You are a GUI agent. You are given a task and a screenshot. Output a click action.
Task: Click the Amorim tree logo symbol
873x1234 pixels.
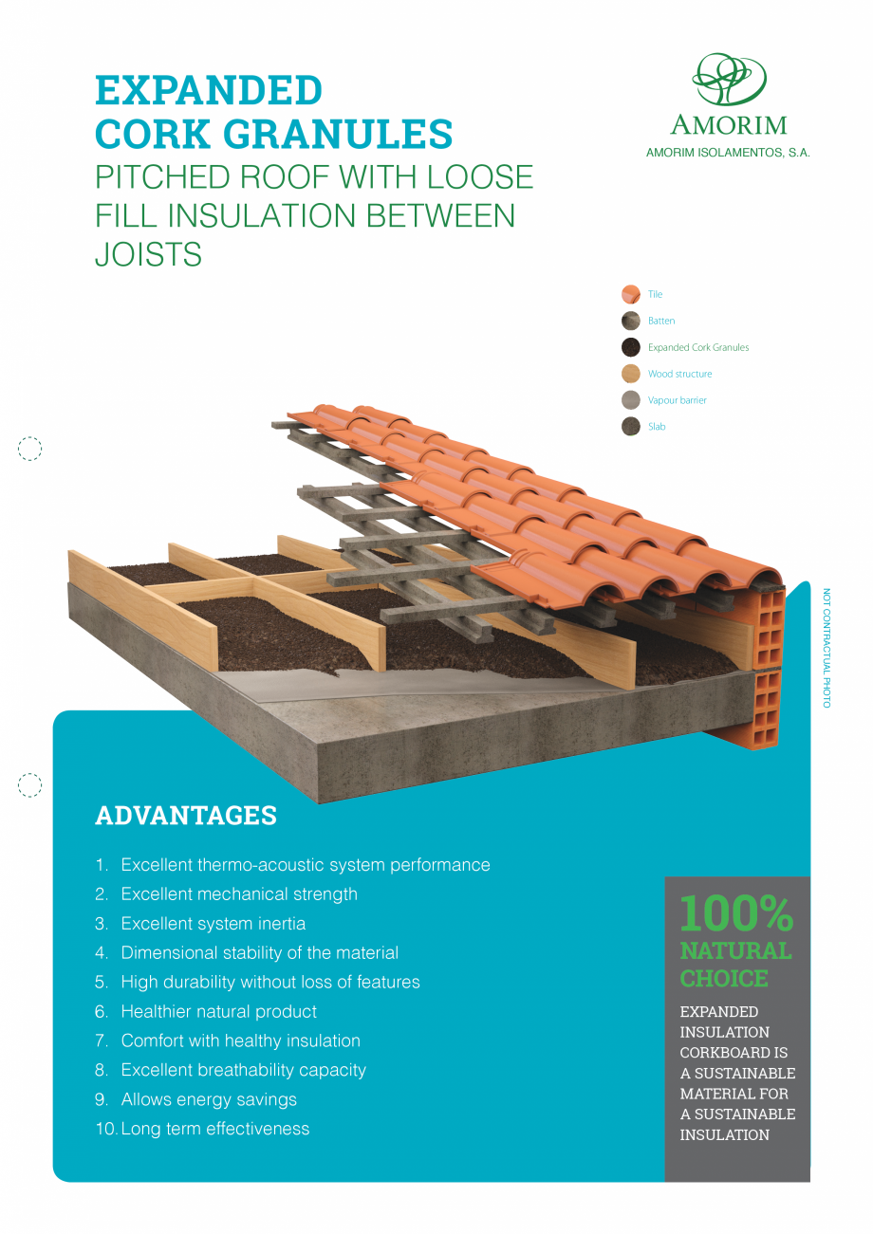(729, 79)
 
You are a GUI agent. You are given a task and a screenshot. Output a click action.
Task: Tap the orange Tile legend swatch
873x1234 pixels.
(630, 294)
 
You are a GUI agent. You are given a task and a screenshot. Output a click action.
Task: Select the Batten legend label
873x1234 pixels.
(660, 321)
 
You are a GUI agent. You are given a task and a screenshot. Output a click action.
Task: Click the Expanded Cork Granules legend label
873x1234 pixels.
(698, 347)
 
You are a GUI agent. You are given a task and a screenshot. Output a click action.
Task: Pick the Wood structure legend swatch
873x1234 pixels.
(630, 374)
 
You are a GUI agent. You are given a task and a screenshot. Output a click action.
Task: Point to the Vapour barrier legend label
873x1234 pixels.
(677, 400)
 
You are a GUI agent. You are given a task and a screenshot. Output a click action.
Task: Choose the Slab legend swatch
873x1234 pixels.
(630, 427)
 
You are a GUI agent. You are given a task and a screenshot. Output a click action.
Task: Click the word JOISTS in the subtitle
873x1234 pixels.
(148, 254)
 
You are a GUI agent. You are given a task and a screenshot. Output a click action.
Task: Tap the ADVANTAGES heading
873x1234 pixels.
(186, 816)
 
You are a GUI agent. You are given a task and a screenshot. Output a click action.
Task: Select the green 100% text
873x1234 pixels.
(736, 913)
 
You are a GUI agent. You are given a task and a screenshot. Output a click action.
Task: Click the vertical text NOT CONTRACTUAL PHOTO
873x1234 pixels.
(827, 648)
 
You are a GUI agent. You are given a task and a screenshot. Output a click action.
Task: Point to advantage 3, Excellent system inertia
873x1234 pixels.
(200, 923)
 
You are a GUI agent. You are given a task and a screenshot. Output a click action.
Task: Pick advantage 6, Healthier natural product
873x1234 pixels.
(206, 1011)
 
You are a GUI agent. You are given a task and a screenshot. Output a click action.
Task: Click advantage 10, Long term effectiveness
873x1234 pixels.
(202, 1129)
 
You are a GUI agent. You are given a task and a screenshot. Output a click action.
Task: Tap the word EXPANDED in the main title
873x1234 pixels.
(209, 90)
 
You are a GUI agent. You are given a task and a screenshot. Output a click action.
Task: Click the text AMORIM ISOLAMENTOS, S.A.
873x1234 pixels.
(728, 153)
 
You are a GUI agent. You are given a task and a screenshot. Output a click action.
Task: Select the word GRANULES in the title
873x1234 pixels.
(337, 134)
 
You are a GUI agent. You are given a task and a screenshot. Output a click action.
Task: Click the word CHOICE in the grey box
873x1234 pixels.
(724, 979)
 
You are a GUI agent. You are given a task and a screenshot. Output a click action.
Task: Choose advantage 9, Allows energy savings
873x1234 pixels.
(195, 1099)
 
